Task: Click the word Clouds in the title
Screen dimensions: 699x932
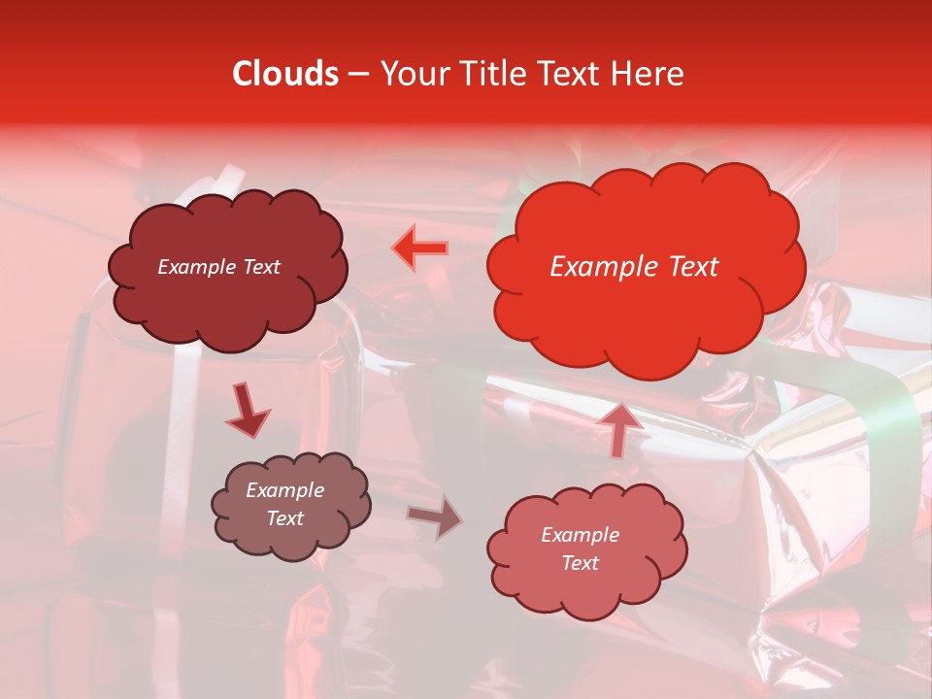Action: (285, 74)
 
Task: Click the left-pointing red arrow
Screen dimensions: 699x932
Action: (419, 249)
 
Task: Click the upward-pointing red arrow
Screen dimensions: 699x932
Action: (621, 427)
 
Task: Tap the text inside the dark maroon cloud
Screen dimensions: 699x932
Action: (218, 267)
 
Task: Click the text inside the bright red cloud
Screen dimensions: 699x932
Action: (634, 267)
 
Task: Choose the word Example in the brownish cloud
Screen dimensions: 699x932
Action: (284, 490)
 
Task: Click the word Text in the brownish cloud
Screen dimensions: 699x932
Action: (284, 518)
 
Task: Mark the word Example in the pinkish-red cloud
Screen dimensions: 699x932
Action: (580, 535)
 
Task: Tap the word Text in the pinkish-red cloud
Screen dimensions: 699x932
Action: (580, 563)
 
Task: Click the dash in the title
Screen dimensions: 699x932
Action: (357, 74)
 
